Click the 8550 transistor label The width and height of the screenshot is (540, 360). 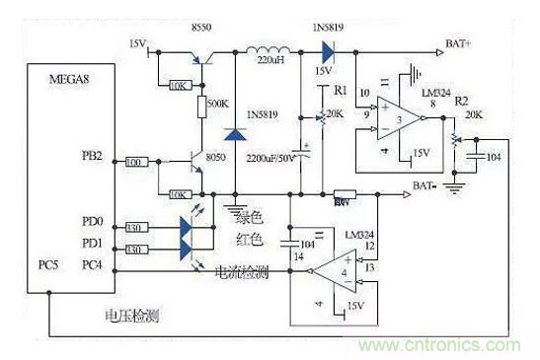200,22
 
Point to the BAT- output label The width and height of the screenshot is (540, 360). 425,185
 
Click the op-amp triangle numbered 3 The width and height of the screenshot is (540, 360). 400,117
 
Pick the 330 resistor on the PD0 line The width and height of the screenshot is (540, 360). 136,228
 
